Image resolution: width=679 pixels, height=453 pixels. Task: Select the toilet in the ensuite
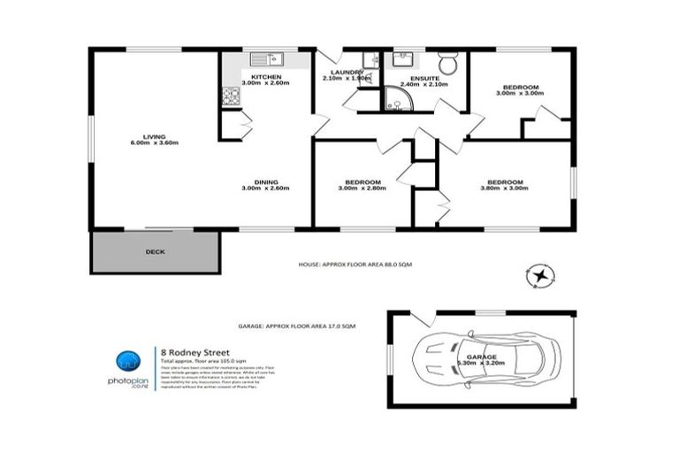(x=450, y=63)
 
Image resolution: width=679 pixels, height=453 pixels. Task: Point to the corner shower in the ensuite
(x=395, y=100)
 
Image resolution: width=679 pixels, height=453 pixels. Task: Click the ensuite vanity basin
(x=406, y=59)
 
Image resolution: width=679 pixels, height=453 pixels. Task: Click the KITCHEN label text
(x=266, y=78)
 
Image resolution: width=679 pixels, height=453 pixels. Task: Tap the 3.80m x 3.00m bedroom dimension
(x=504, y=188)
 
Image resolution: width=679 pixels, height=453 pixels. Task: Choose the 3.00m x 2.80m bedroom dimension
(x=362, y=188)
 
